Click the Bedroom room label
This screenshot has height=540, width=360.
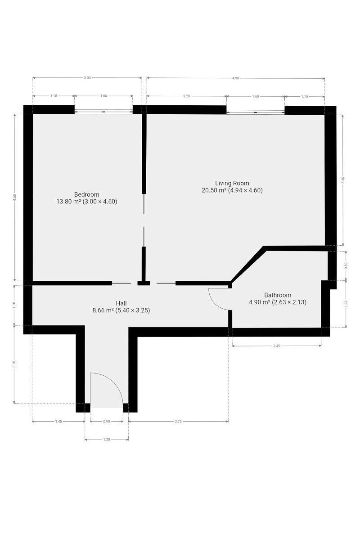pyautogui.click(x=86, y=194)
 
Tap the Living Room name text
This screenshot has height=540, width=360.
pyautogui.click(x=232, y=183)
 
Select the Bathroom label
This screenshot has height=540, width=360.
pyautogui.click(x=278, y=295)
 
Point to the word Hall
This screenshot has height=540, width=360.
pyautogui.click(x=121, y=303)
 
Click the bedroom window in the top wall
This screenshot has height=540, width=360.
pyautogui.click(x=103, y=112)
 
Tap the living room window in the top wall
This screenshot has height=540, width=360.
pyautogui.click(x=255, y=112)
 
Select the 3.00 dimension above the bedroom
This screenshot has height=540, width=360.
pyautogui.click(x=87, y=78)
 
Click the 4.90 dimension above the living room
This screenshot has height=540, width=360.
pyautogui.click(x=236, y=78)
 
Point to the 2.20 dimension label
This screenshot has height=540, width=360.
pyautogui.click(x=187, y=96)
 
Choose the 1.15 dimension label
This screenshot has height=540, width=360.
pyautogui.click(x=54, y=96)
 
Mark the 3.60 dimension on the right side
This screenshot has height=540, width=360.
pyautogui.click(x=343, y=180)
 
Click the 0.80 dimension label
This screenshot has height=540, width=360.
pyautogui.click(x=346, y=265)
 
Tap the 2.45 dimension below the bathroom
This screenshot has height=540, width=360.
pyautogui.click(x=277, y=346)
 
